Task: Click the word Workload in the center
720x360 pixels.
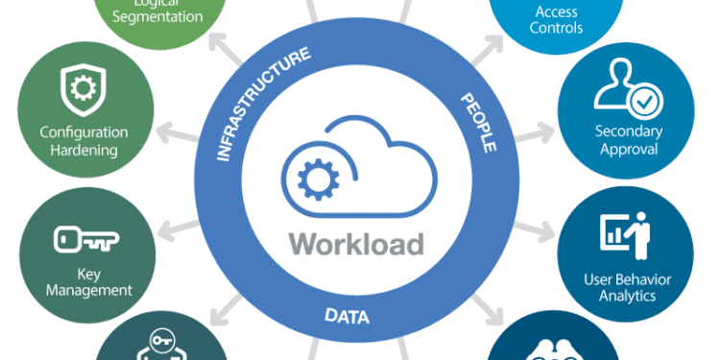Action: pos(357,243)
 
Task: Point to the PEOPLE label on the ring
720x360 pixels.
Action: pos(478,124)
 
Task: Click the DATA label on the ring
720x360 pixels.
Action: pos(347,316)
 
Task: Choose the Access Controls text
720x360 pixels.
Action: pos(556,19)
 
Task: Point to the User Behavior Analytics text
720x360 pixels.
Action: pos(628,287)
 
